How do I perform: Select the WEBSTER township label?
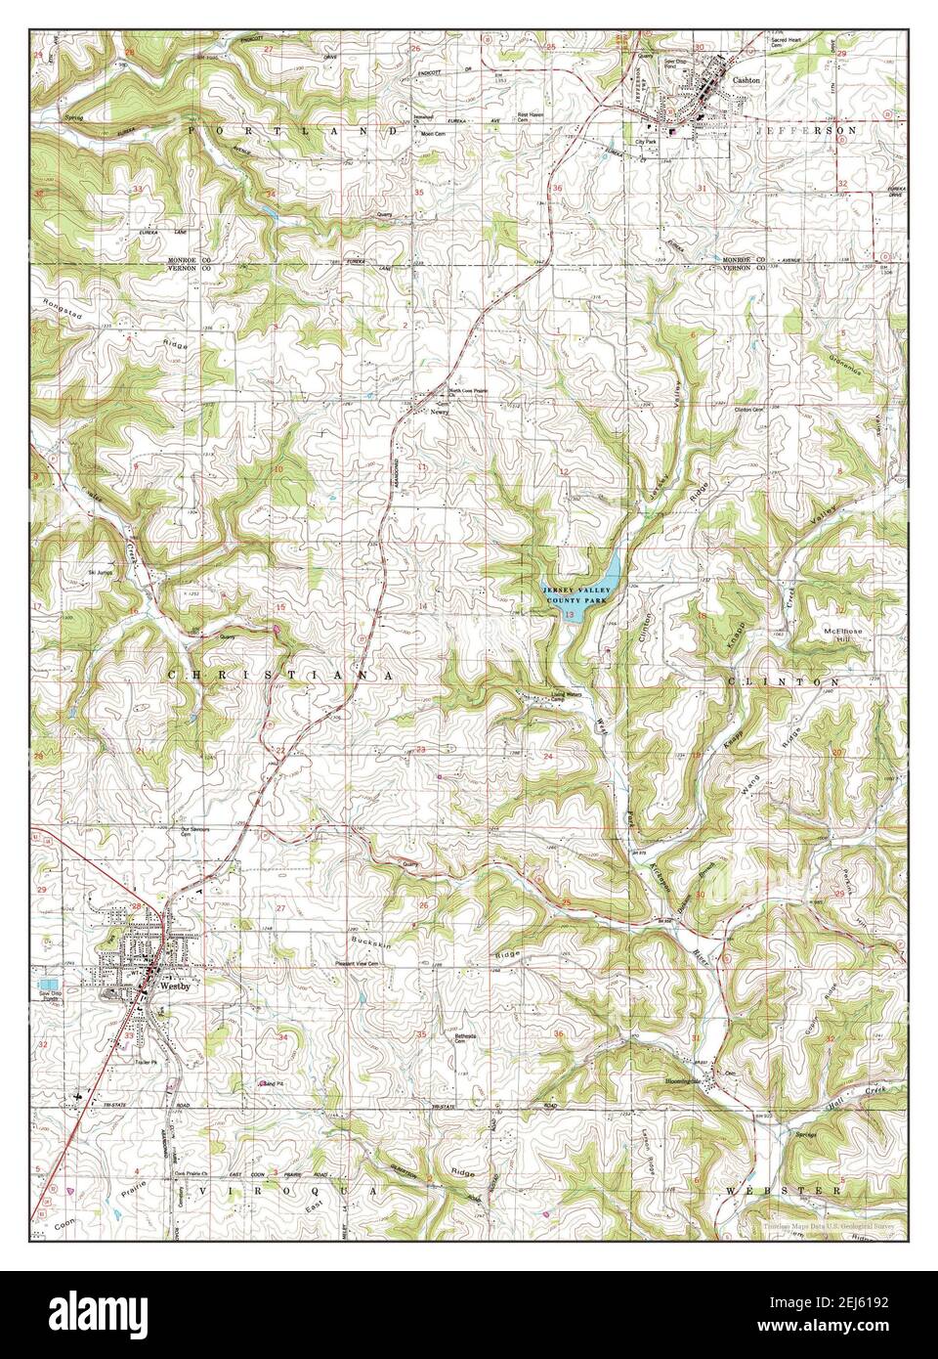(783, 1191)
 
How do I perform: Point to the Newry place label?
(439, 413)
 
